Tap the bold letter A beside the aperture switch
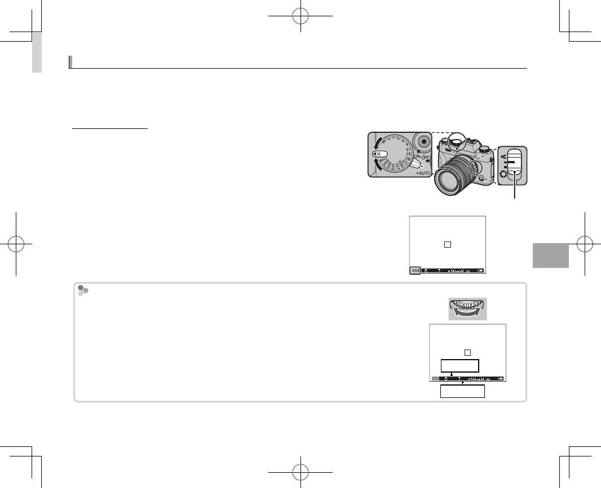[x=502, y=156]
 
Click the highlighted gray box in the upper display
[x=416, y=270]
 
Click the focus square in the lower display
[x=467, y=352]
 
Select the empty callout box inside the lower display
[x=460, y=365]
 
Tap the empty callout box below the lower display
[x=462, y=391]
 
